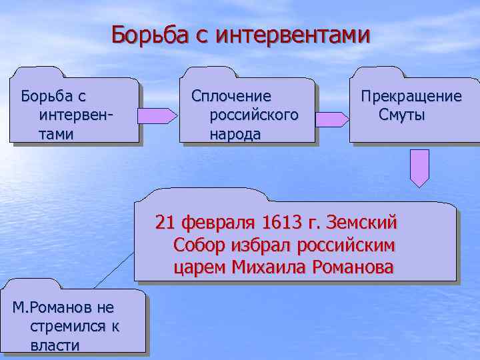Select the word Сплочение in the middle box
click(x=231, y=97)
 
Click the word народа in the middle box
click(x=235, y=134)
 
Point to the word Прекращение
click(x=411, y=97)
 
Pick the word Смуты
click(x=401, y=115)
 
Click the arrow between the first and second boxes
click(x=157, y=116)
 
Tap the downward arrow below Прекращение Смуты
click(x=419, y=167)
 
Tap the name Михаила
click(x=267, y=267)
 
